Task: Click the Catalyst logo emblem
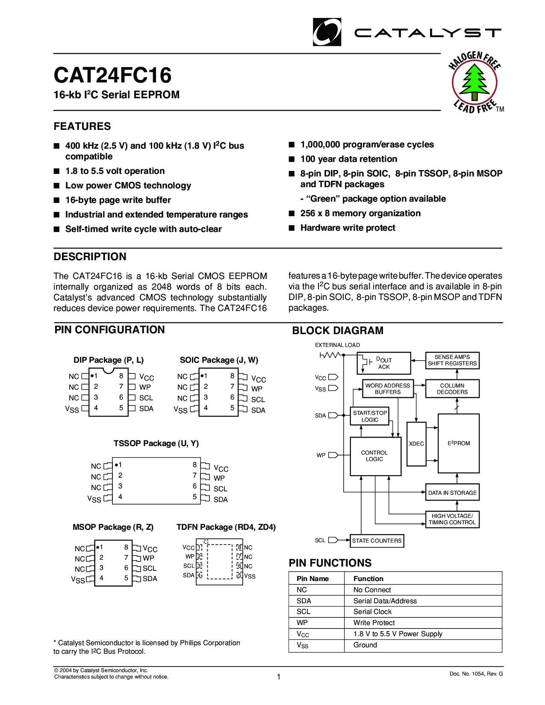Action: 327,32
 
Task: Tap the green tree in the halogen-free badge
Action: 474,81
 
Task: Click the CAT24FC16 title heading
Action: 112,75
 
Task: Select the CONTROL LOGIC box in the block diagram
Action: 375,456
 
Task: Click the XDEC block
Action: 416,444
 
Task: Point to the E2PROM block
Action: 459,444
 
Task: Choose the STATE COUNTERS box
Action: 377,540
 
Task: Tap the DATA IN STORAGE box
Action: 452,493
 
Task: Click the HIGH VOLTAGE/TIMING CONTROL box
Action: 452,519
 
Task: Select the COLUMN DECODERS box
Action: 452,389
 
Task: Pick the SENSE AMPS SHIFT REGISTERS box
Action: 452,360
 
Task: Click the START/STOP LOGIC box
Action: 370,416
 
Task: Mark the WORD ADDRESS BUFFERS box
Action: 388,389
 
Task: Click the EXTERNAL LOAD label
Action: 337,345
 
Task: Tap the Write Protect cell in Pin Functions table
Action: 374,623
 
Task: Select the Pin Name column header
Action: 312,579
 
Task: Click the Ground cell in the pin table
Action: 365,645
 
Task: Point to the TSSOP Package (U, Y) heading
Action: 156,444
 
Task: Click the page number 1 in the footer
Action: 279,676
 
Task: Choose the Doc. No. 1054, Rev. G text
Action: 476,674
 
